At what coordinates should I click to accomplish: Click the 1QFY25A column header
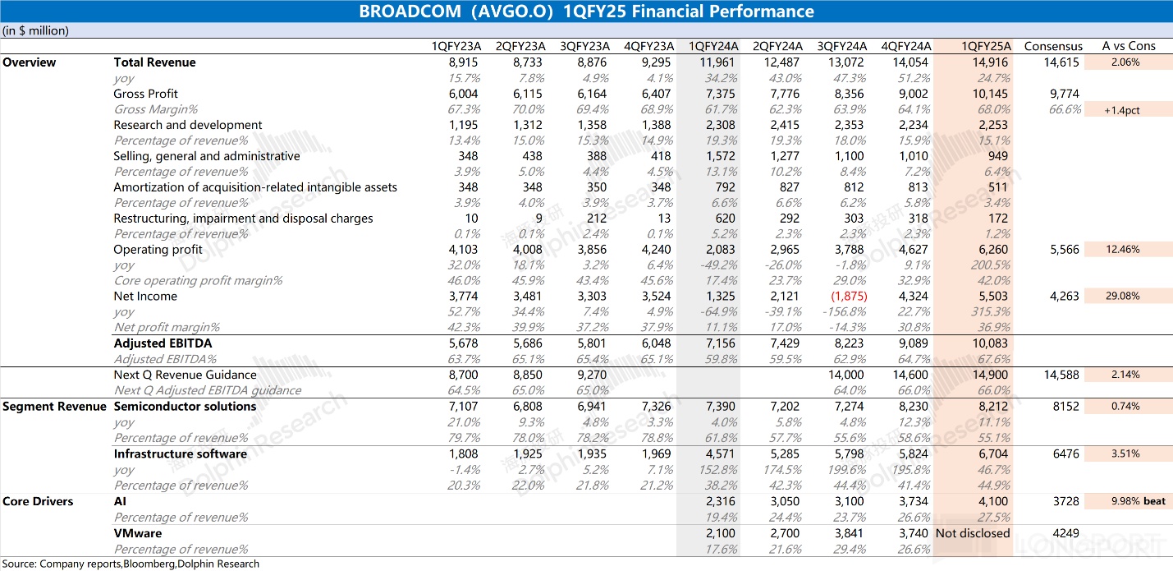tap(987, 46)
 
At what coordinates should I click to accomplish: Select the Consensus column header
tap(1053, 46)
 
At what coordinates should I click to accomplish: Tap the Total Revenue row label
tap(154, 62)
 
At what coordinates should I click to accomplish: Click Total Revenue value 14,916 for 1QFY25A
tap(992, 62)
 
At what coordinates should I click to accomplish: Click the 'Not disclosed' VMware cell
tap(973, 533)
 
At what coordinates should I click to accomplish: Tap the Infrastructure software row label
tap(180, 454)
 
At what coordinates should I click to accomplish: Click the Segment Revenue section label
tap(54, 407)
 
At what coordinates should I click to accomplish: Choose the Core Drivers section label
tap(38, 501)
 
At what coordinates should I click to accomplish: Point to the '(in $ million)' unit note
tap(35, 30)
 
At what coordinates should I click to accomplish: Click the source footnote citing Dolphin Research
tap(131, 564)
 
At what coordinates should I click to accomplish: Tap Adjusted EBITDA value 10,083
tap(992, 343)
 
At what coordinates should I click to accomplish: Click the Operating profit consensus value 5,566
tap(1064, 250)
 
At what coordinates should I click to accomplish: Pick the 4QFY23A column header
tap(649, 46)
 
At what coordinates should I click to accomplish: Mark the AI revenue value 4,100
tap(994, 501)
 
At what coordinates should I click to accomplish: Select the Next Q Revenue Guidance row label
tap(185, 375)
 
